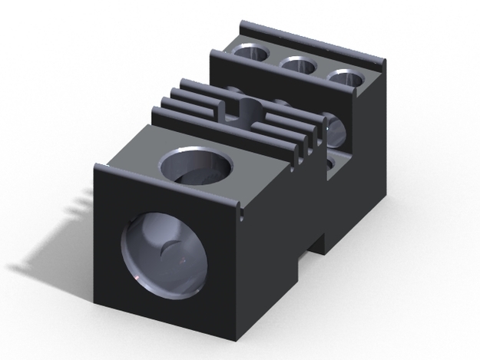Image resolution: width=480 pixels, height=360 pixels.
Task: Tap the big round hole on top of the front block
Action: click(197, 168)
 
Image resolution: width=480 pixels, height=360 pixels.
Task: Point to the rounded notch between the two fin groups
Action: click(244, 107)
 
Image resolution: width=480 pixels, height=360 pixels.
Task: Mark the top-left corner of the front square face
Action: click(95, 166)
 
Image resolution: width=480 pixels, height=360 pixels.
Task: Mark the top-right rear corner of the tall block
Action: click(382, 62)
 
